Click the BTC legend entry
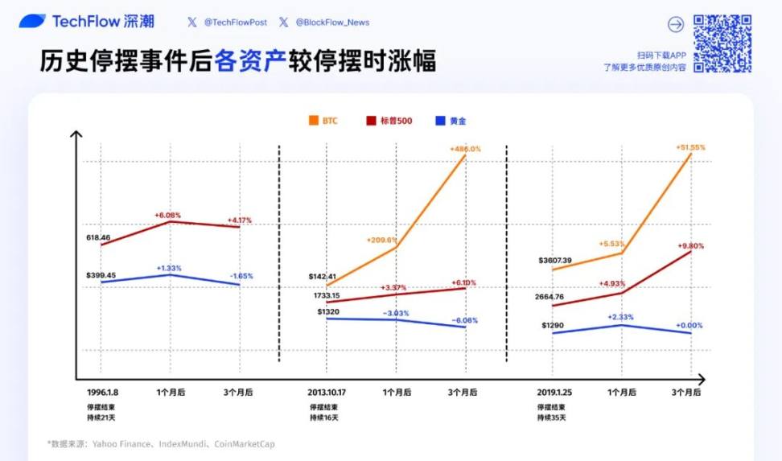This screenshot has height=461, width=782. click(323, 121)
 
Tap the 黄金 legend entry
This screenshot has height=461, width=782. click(450, 121)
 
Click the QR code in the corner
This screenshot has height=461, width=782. click(722, 43)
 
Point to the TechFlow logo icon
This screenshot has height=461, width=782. click(32, 22)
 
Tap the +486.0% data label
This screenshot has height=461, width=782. click(466, 149)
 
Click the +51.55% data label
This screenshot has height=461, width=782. click(690, 147)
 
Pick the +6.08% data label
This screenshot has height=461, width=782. click(168, 215)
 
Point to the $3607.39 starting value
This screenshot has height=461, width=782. click(556, 260)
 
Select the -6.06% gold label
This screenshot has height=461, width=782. click(464, 320)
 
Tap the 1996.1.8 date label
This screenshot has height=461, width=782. click(103, 393)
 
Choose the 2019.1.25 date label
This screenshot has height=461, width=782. click(554, 393)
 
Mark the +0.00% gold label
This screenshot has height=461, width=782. click(689, 325)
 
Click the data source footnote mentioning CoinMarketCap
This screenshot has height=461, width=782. click(161, 444)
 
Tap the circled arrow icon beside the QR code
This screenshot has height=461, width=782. click(676, 24)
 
